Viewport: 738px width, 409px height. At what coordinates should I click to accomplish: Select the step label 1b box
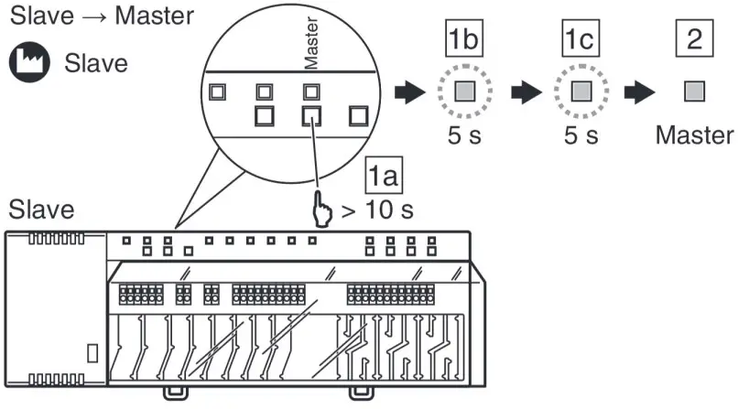pyautogui.click(x=464, y=42)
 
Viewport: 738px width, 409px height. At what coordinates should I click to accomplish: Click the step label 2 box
pyautogui.click(x=693, y=42)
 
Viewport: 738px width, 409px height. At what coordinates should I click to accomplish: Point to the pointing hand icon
pyautogui.click(x=322, y=209)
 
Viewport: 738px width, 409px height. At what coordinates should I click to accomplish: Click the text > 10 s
pyautogui.click(x=376, y=210)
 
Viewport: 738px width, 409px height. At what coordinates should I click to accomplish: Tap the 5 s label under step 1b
pyautogui.click(x=464, y=136)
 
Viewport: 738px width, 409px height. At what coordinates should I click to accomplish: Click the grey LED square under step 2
pyautogui.click(x=694, y=92)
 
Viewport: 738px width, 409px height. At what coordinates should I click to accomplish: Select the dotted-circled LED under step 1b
pyautogui.click(x=464, y=92)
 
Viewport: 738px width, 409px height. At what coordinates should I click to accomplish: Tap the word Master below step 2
pyautogui.click(x=694, y=136)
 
